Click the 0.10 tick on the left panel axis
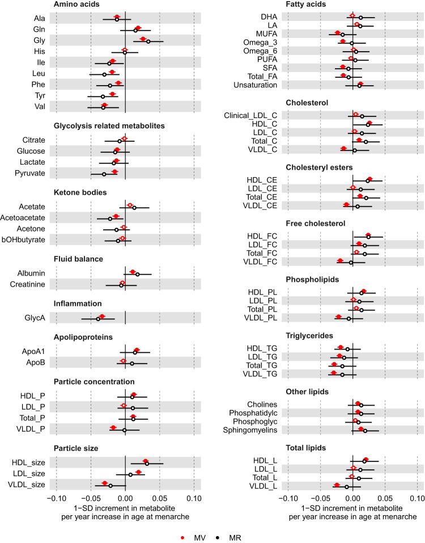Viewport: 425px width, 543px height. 194,499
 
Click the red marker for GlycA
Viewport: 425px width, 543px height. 102,316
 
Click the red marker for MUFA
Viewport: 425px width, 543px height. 338,33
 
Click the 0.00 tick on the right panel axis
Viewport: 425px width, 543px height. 352,499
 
